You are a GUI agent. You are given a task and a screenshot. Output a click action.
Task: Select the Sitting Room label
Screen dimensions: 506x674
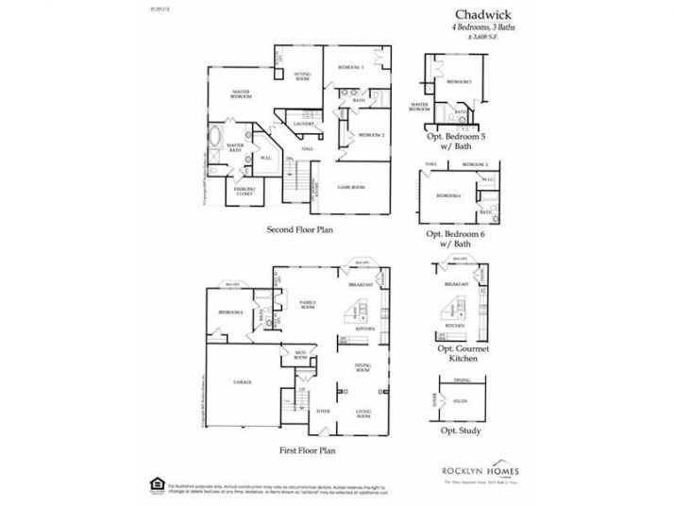coord(303,76)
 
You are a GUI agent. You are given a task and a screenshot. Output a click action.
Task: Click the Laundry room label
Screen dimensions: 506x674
coord(303,124)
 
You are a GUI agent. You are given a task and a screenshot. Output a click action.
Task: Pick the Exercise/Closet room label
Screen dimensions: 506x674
coord(247,189)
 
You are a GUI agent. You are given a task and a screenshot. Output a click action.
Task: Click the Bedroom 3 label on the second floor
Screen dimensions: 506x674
coord(350,66)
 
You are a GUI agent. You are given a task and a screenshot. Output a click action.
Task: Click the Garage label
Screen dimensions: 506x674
coord(242,381)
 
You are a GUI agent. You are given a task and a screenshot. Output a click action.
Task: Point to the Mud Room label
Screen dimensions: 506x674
coord(301,357)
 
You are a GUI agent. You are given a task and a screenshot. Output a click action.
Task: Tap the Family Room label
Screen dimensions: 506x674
coord(307,305)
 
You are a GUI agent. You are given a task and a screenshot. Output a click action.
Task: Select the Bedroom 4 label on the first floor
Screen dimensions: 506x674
coord(230,312)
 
